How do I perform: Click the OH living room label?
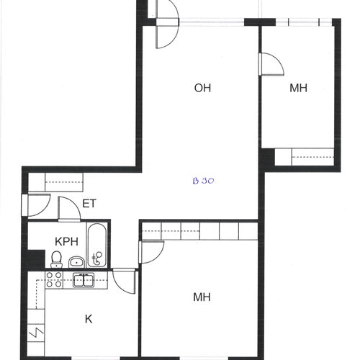pos(202,88)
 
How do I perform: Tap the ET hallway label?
pos(89,204)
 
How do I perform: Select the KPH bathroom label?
pos(66,241)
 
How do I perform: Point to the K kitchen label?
pos(89,319)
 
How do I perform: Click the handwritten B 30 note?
pos(203,181)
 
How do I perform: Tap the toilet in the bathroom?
pos(57,259)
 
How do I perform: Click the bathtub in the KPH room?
pos(96,245)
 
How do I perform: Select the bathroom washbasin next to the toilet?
pos(76,262)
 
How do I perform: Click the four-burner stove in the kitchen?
pos(54,279)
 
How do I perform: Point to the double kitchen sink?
pos(84,280)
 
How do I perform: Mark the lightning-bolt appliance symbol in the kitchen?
pos(36,332)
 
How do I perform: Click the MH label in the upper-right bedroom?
pos(298,88)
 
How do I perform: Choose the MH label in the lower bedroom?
pos(202,297)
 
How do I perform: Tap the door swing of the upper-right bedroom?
pos(276,60)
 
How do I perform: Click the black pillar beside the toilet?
pos(36,258)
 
